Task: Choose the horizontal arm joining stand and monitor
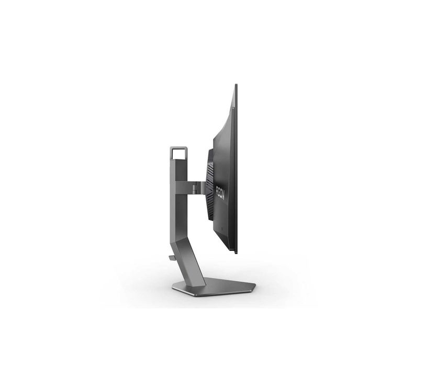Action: [189, 184]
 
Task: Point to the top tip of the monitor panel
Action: [236, 85]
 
